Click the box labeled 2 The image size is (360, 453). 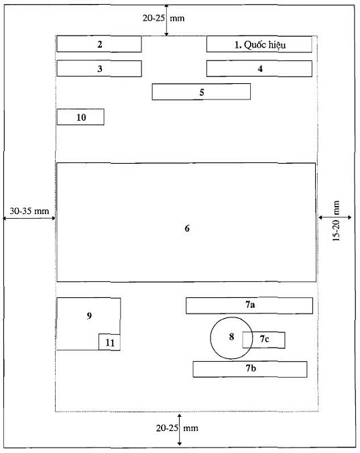tap(99, 44)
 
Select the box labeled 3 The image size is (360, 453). tap(99, 68)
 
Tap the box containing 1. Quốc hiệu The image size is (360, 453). tap(259, 44)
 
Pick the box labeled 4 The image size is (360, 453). tap(259, 68)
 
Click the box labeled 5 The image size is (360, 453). tap(201, 92)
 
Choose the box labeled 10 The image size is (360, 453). tap(80, 117)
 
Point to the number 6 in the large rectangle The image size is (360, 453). tap(187, 229)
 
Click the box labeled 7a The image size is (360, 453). tap(249, 305)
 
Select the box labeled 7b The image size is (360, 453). tap(250, 369)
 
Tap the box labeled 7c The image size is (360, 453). tap(263, 340)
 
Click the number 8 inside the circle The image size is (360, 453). tap(231, 337)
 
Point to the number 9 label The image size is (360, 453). tap(89, 316)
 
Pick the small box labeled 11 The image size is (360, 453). tap(109, 342)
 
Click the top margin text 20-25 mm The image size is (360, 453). tap(164, 18)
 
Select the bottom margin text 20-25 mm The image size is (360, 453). tap(177, 428)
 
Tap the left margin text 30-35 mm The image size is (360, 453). tap(29, 211)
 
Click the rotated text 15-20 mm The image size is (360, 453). tap(336, 221)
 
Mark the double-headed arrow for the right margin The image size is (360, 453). tap(335, 217)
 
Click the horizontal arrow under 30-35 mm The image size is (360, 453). tap(29, 218)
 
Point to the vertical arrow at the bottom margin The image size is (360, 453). tap(180, 430)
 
